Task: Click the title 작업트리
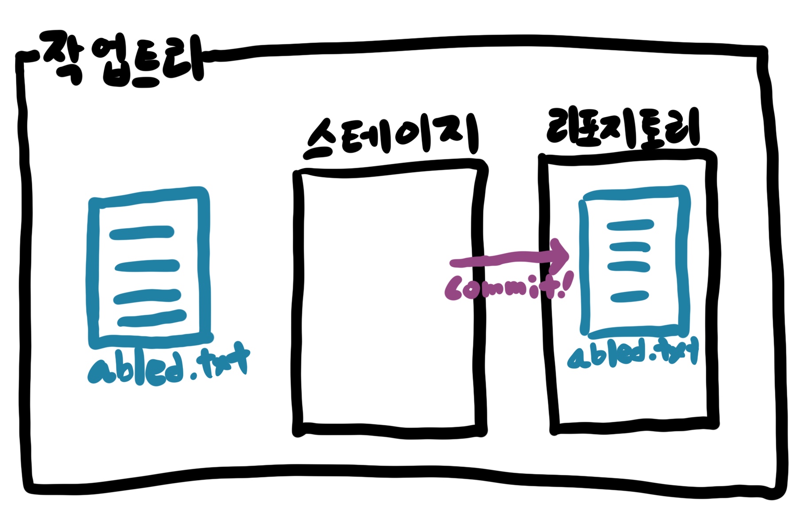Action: point(122,60)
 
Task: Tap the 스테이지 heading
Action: point(390,135)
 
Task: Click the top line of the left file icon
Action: point(142,232)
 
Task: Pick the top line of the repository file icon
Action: point(630,226)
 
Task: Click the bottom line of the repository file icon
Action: point(630,296)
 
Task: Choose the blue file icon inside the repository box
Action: point(634,261)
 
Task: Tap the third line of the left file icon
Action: point(147,296)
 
